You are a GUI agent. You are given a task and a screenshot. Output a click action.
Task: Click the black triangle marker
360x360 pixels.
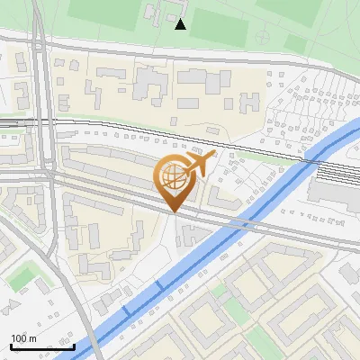pyautogui.click(x=181, y=24)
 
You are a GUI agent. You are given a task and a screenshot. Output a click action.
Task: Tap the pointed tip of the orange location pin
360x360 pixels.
pyautogui.click(x=173, y=212)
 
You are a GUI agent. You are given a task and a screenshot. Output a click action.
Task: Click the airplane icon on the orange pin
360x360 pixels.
pyautogui.click(x=200, y=164)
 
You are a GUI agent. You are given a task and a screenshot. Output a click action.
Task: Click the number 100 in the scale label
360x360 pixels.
pyautogui.click(x=18, y=338)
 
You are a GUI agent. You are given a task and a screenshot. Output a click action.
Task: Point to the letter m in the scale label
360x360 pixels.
pyautogui.click(x=32, y=338)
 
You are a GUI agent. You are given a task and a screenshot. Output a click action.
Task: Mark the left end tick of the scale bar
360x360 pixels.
pyautogui.click(x=11, y=346)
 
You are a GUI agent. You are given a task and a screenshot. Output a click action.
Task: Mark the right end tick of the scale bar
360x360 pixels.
pyautogui.click(x=75, y=346)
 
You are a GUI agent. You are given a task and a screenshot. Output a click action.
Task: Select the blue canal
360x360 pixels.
pyautogui.click(x=198, y=257)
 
